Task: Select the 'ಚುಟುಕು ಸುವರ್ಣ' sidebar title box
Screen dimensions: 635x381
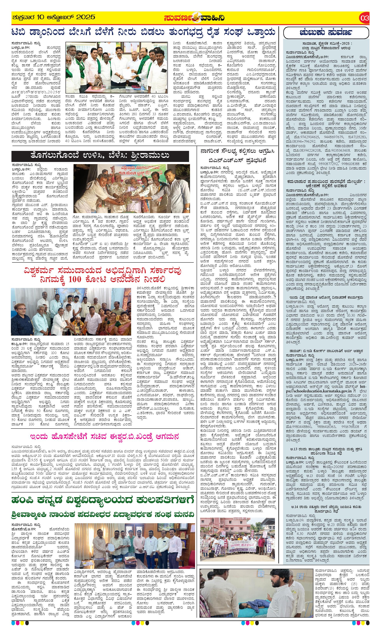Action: pyautogui.click(x=326, y=33)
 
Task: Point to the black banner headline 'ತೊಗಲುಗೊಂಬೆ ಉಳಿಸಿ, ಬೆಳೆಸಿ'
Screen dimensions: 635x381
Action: pyautogui.click(x=100, y=156)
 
